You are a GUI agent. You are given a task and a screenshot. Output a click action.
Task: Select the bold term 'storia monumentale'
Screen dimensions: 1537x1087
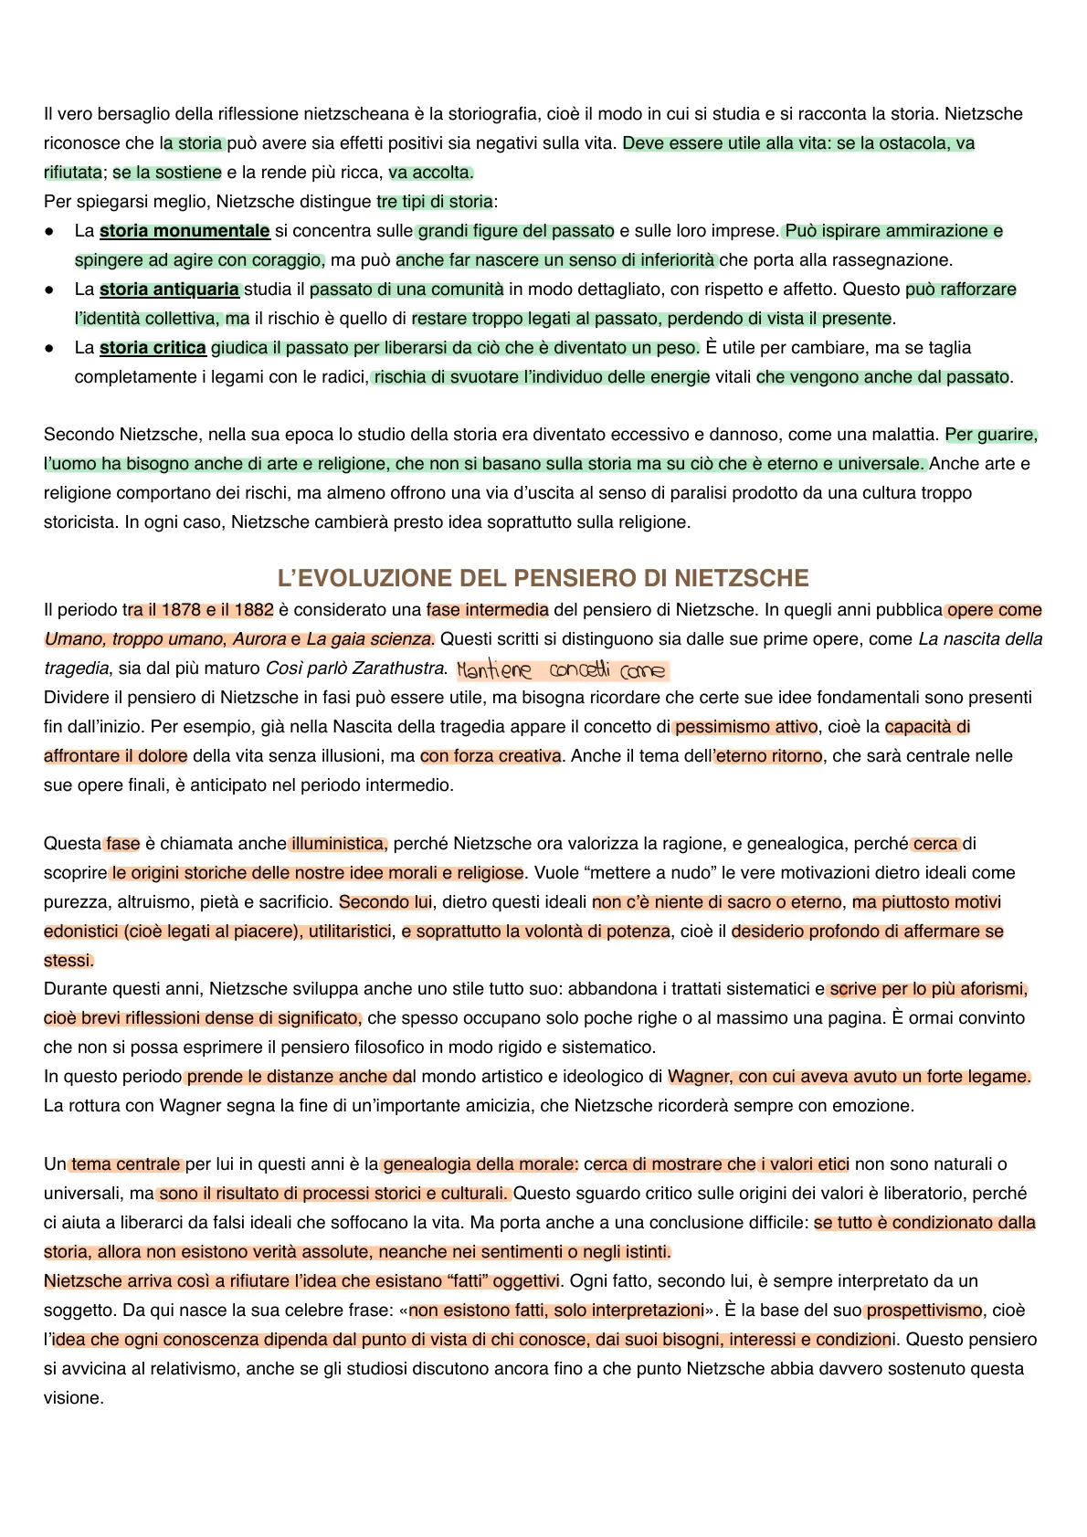[185, 231]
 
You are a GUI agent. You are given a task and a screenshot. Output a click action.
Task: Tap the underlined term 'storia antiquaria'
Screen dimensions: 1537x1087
[169, 290]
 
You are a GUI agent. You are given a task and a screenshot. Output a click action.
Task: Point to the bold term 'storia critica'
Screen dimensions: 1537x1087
[153, 348]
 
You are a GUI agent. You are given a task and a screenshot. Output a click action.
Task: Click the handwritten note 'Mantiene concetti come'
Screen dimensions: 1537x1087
[562, 671]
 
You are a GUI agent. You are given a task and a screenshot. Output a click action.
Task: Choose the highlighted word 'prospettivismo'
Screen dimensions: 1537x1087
[924, 1311]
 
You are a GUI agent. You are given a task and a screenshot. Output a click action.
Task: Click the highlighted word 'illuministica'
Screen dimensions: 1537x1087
[339, 844]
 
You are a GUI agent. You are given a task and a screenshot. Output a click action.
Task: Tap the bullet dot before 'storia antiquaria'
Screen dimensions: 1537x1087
[50, 290]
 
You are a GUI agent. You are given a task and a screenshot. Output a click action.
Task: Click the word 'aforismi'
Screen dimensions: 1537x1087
[992, 989]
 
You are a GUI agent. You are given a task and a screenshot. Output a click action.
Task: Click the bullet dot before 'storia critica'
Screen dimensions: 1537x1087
[50, 349]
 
